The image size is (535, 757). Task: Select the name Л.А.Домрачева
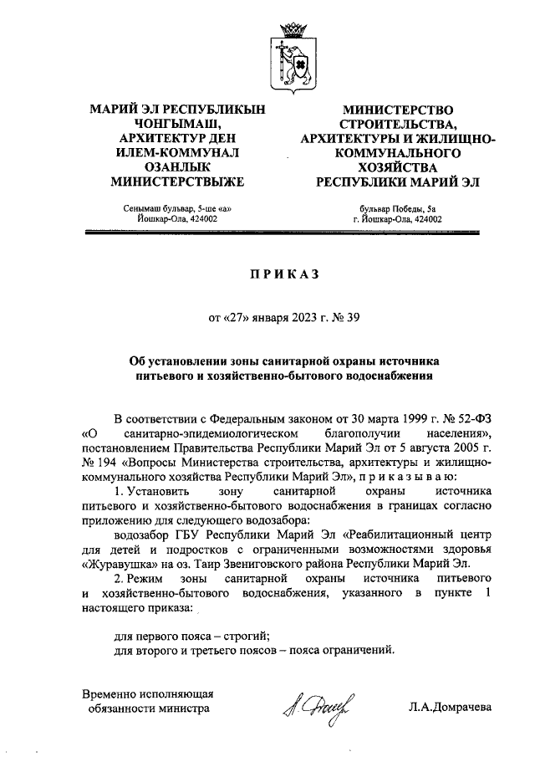[x=451, y=708]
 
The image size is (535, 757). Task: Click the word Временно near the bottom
[x=112, y=693]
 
